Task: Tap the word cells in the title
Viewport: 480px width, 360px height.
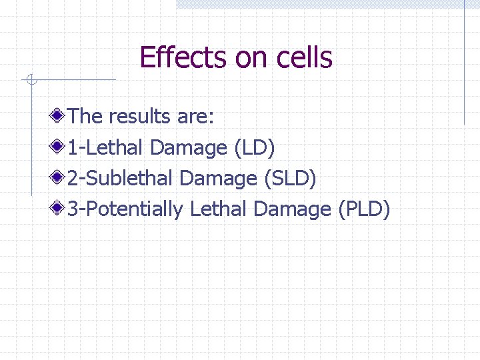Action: point(303,58)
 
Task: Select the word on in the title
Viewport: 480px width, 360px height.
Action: point(251,58)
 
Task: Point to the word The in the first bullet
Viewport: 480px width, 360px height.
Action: point(85,117)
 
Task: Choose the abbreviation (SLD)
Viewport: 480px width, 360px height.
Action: point(291,179)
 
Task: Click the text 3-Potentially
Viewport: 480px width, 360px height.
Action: point(125,209)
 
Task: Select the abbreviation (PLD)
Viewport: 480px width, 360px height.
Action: point(363,209)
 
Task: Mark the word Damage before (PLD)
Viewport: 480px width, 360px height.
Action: point(293,210)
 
